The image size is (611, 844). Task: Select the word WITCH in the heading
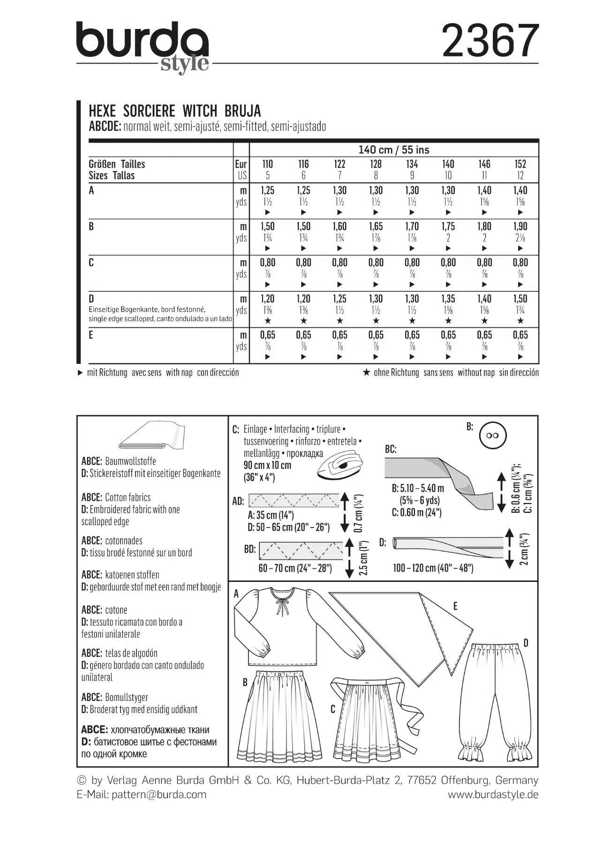click(x=200, y=111)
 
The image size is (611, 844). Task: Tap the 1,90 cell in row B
click(x=520, y=226)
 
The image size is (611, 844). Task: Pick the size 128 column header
click(x=376, y=165)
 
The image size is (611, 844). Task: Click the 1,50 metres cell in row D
click(x=520, y=299)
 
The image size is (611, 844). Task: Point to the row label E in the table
click(x=91, y=335)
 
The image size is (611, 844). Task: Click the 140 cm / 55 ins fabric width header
click(x=394, y=150)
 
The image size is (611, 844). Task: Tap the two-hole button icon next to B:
click(x=493, y=436)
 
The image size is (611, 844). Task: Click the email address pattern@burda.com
click(x=159, y=794)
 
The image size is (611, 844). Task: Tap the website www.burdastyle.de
click(x=492, y=794)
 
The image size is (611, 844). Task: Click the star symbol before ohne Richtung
click(x=367, y=372)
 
